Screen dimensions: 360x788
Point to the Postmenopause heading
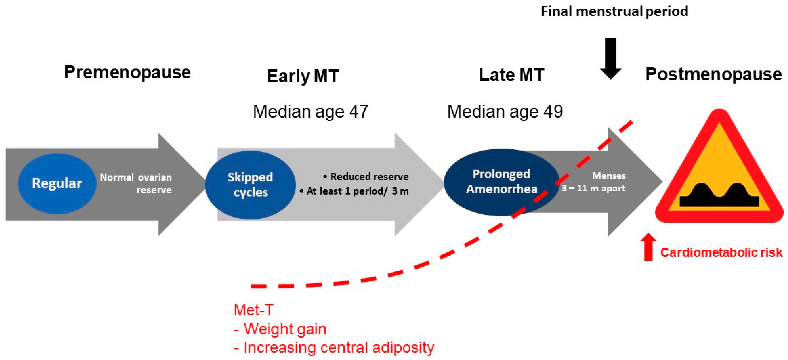(713, 74)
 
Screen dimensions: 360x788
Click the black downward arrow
(611, 58)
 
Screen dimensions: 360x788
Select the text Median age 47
(310, 112)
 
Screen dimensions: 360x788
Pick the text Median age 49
(505, 112)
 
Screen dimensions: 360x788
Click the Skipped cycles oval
(250, 185)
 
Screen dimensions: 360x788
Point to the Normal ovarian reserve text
(136, 184)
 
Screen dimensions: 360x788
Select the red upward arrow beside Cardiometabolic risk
(648, 247)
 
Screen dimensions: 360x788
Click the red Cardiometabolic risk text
(721, 253)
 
